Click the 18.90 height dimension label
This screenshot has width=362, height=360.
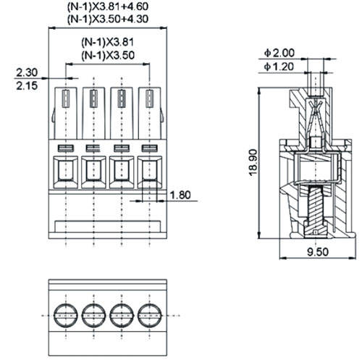(253, 163)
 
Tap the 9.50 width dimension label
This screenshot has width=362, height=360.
(318, 252)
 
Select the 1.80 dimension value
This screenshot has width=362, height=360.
(180, 195)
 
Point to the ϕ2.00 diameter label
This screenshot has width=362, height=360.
(279, 53)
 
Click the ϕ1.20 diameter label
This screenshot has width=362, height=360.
(279, 67)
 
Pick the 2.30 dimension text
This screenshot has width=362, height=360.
(27, 72)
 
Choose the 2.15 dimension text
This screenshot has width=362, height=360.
(27, 85)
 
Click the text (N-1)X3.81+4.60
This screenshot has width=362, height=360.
(108, 7)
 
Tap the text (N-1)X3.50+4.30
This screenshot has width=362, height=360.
(108, 19)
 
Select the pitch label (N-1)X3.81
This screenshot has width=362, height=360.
(107, 42)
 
